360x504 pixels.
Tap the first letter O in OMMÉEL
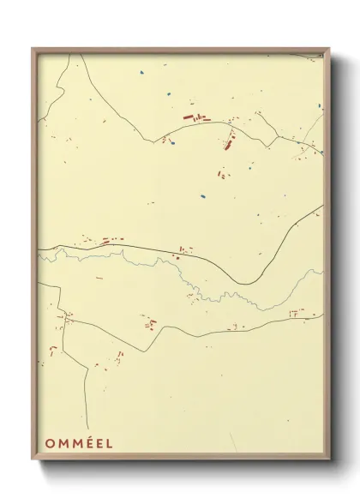click(49, 443)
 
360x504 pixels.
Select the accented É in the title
click(88, 443)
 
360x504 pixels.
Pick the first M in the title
click(62, 443)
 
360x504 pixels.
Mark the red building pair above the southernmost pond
click(221, 175)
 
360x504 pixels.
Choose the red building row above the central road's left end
click(110, 241)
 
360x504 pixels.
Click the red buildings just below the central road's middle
click(182, 252)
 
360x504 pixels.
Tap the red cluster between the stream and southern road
click(151, 323)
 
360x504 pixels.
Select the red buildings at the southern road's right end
click(296, 313)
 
